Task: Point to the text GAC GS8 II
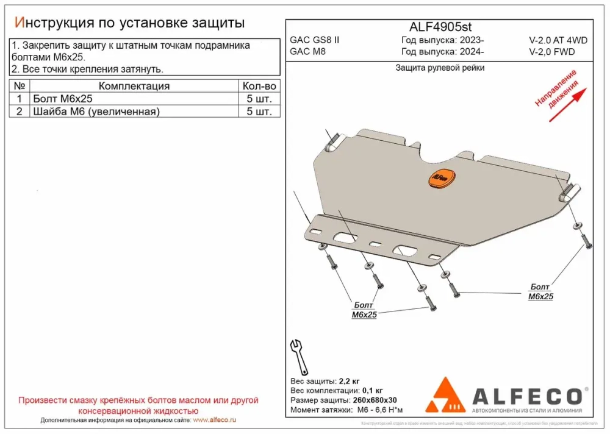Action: point(315,40)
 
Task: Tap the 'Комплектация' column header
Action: point(134,86)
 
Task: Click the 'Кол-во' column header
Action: point(259,86)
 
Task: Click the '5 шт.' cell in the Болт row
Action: point(259,99)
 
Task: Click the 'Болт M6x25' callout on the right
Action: point(540,292)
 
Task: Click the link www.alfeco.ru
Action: point(214,420)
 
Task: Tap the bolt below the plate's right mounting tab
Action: point(587,240)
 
